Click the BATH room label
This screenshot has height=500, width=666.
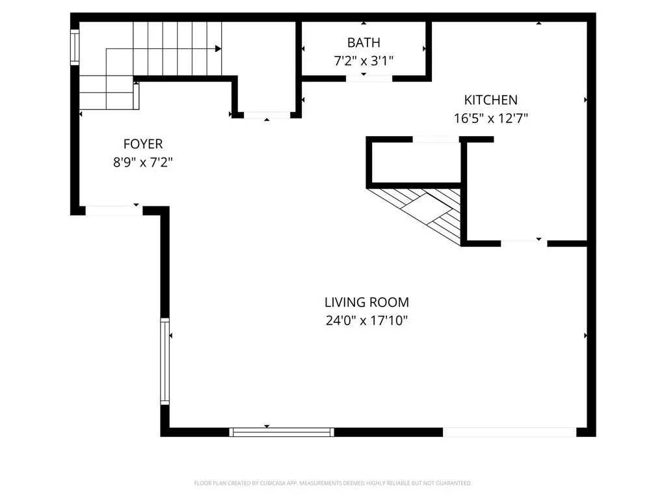click(364, 43)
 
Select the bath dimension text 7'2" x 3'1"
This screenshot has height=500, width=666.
click(364, 61)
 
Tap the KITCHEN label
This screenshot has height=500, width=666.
click(490, 100)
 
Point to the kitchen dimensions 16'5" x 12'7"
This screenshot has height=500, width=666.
click(490, 118)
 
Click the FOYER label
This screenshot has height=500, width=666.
click(143, 144)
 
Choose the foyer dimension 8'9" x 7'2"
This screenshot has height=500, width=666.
click(143, 162)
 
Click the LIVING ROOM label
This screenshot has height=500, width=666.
click(367, 302)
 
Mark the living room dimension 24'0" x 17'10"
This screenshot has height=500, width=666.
click(367, 320)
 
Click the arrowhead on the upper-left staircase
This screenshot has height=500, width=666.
click(219, 48)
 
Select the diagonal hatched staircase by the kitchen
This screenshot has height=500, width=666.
click(429, 212)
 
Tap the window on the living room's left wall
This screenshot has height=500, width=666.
click(165, 361)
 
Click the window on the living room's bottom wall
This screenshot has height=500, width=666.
click(282, 432)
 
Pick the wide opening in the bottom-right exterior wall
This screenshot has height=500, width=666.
click(509, 432)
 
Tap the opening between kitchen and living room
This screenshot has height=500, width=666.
click(524, 243)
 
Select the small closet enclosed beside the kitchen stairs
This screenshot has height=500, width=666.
click(415, 161)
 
